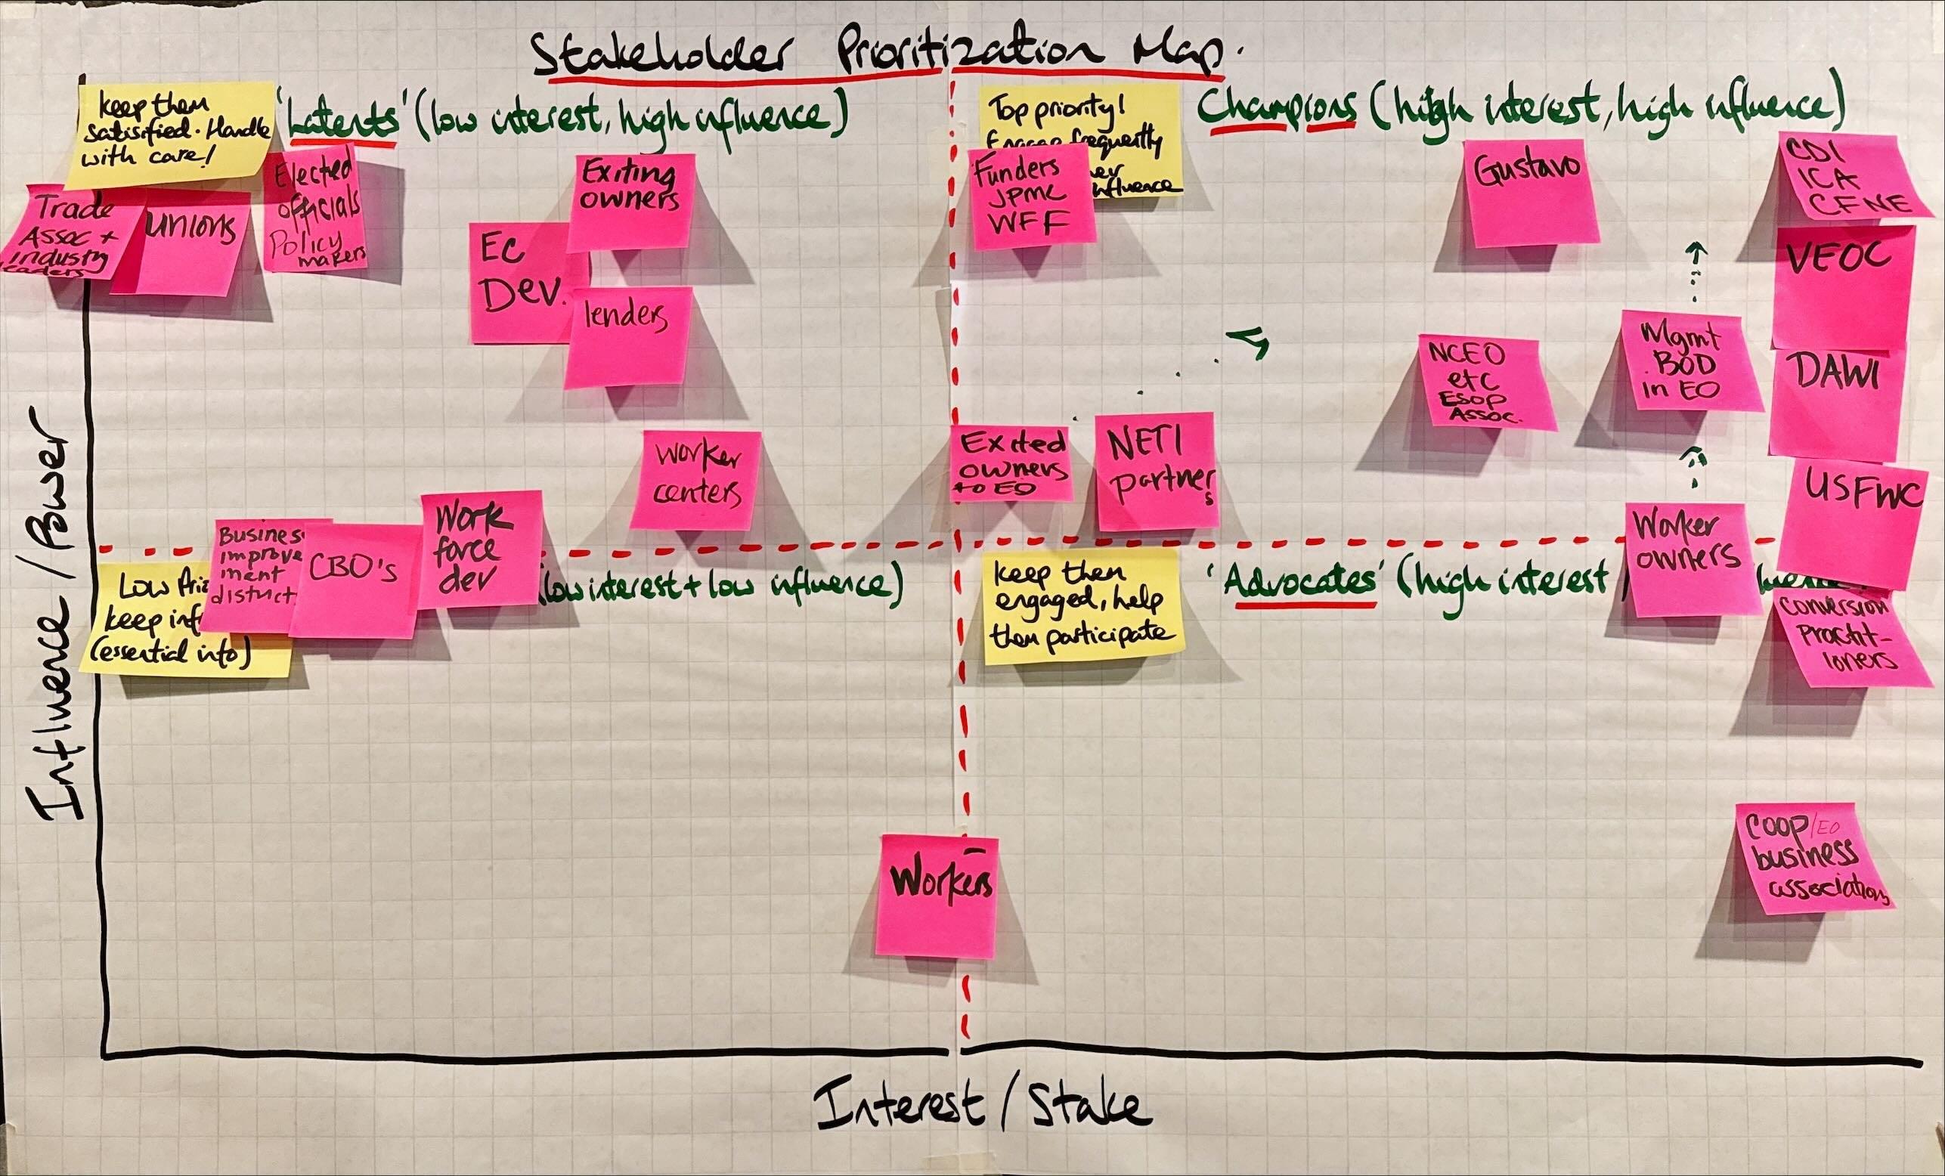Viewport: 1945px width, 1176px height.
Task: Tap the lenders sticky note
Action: coord(627,336)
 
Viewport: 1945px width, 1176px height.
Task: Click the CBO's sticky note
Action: coord(354,580)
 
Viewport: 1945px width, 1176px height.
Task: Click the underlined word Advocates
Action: coord(1305,584)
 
